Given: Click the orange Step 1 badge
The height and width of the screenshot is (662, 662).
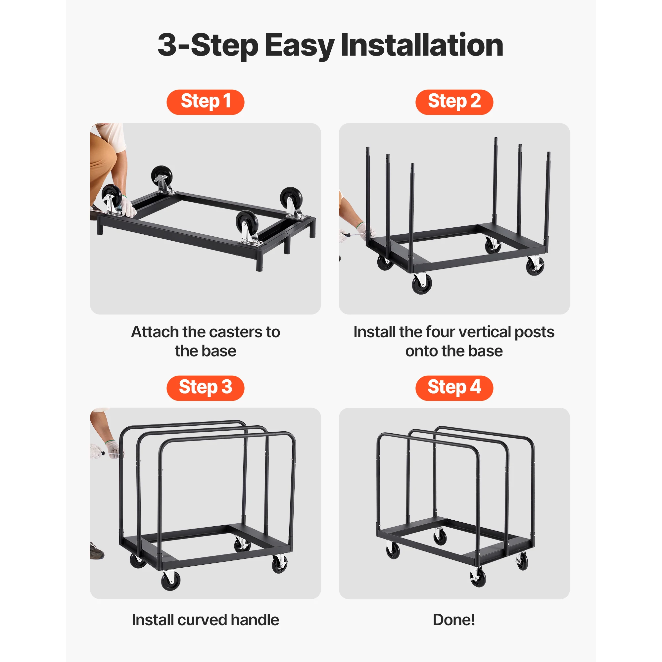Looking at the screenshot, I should click(205, 102).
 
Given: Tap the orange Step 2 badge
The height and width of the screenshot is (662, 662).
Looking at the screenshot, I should click(454, 102).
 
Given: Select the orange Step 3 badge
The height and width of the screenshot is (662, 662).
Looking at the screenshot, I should click(205, 388).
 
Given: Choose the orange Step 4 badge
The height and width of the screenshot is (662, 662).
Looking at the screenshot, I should click(454, 388).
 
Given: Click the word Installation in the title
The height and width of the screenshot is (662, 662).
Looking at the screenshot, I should click(422, 45).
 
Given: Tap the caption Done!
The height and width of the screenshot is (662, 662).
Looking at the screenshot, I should click(454, 620).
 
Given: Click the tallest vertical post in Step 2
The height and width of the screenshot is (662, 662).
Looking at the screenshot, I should click(496, 178).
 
